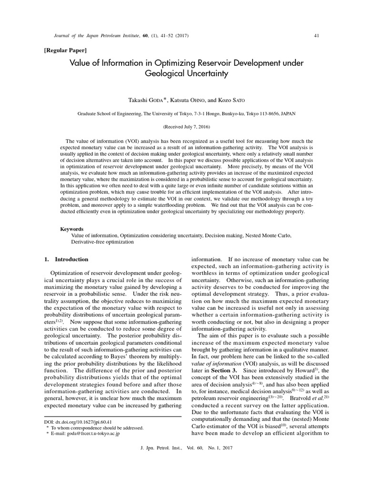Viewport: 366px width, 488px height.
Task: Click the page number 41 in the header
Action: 316,35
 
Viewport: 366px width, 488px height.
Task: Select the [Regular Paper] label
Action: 65,50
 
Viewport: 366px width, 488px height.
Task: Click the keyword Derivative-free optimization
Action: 102,242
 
